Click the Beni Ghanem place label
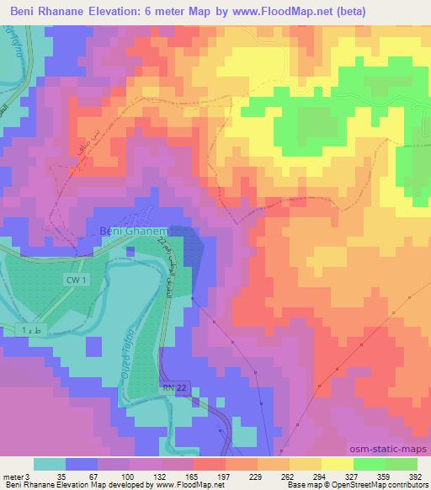pyautogui.click(x=135, y=232)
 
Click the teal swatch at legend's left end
pyautogui.click(x=50, y=463)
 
